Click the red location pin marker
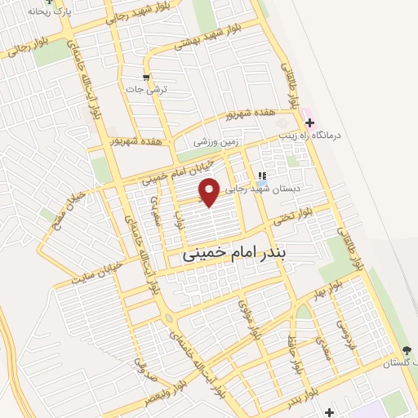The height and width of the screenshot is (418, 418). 210,192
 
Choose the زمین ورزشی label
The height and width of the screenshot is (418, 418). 214,141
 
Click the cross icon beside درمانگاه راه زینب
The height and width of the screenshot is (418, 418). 309,122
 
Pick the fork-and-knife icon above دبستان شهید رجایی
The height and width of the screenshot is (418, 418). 262,175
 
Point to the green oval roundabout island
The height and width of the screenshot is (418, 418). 168,318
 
